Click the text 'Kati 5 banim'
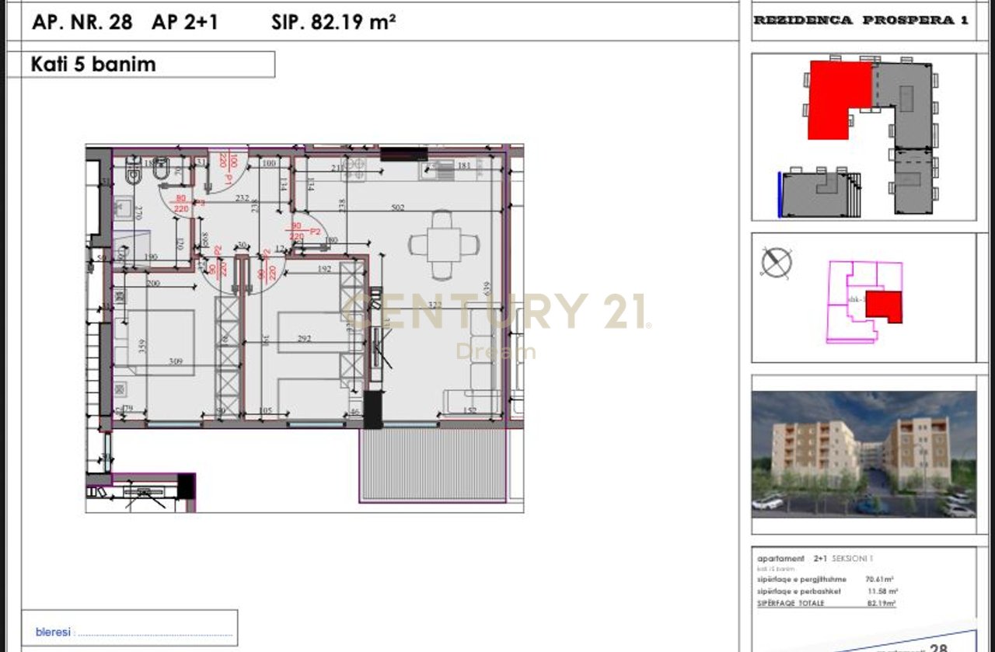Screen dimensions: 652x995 click(93, 65)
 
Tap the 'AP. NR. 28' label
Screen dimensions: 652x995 click(82, 22)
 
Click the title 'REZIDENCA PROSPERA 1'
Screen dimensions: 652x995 click(861, 21)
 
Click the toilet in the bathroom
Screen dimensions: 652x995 click(162, 171)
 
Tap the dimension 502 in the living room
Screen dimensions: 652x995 click(398, 207)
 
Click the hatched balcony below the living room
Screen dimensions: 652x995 click(434, 465)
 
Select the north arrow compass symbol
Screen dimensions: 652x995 click(776, 262)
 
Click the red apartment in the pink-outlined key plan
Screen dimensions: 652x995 click(884, 307)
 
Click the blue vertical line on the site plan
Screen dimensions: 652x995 click(779, 195)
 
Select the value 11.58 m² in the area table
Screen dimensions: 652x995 click(880, 591)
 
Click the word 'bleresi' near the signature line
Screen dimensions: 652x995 click(53, 633)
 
